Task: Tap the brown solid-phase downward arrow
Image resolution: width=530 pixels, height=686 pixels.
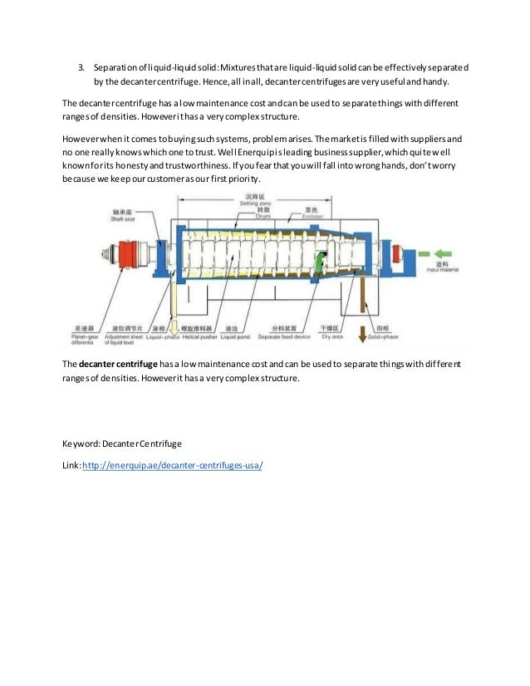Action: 362,332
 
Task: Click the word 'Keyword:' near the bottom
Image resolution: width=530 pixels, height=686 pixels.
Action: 81,444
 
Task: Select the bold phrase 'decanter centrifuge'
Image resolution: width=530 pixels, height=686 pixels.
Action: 115,365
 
